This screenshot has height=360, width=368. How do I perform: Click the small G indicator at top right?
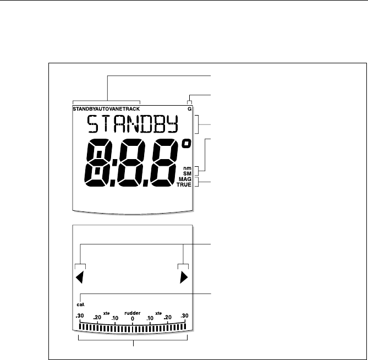(x=189, y=110)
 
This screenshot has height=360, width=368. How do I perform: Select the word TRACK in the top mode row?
(x=130, y=110)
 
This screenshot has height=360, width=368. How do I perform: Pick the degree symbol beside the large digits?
(x=187, y=145)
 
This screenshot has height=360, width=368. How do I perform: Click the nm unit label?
(x=187, y=168)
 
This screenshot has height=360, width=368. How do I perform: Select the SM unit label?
(x=187, y=174)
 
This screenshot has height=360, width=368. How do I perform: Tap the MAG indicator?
(x=185, y=179)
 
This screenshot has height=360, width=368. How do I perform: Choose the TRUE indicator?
(x=185, y=186)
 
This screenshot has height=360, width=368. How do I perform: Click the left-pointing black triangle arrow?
(x=80, y=279)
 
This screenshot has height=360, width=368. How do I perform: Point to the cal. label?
(x=81, y=303)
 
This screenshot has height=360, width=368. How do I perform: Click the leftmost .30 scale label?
(x=80, y=316)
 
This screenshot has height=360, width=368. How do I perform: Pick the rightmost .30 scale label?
(x=184, y=316)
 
